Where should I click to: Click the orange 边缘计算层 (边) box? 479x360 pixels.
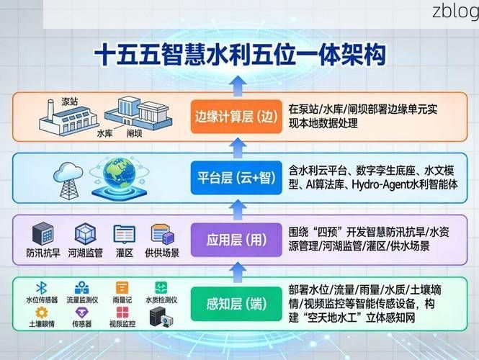pos(235,116)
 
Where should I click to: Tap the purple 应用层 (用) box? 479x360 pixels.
pos(235,239)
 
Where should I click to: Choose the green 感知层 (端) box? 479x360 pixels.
pos(235,302)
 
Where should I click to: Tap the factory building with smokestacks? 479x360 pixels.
pos(60,118)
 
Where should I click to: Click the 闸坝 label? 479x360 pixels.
pos(135,133)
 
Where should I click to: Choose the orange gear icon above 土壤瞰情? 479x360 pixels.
pos(42,312)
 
